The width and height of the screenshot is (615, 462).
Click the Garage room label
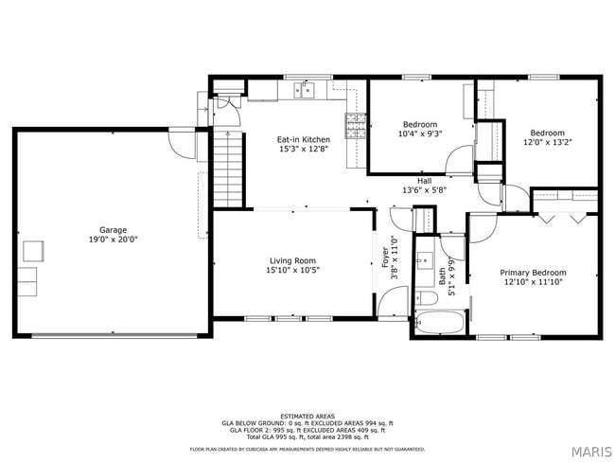coord(114,229)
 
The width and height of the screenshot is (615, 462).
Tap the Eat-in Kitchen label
coord(304,139)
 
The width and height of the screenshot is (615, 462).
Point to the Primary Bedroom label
coord(539,272)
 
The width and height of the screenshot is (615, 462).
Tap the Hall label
coord(425,180)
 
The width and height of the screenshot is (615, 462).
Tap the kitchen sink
coord(305,91)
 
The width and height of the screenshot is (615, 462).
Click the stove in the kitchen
coord(356,125)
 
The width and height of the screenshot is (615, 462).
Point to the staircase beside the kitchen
coord(229,168)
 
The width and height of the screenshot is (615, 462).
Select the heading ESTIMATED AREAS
coord(307,416)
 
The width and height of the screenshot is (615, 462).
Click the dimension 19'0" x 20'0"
coord(114,240)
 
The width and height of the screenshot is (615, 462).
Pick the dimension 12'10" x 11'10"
coord(539,282)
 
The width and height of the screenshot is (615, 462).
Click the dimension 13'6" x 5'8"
coord(425,189)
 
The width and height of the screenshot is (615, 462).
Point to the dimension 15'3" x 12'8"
coord(304,149)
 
